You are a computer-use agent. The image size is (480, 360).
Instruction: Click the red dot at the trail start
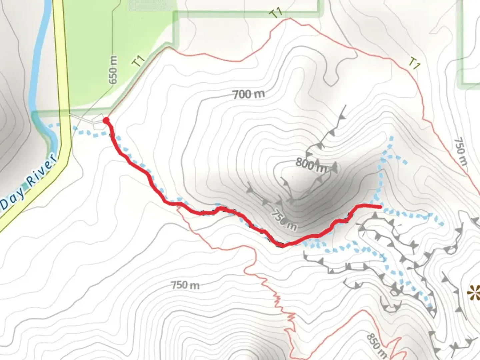106,120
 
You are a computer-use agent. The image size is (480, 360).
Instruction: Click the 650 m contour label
113,70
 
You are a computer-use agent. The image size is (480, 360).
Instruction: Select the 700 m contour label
249,94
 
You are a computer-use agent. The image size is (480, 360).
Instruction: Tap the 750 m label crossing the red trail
284,220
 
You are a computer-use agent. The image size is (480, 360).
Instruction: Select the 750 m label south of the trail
185,285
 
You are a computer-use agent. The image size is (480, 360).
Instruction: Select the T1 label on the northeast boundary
414,63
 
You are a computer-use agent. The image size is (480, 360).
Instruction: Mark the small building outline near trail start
98,122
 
